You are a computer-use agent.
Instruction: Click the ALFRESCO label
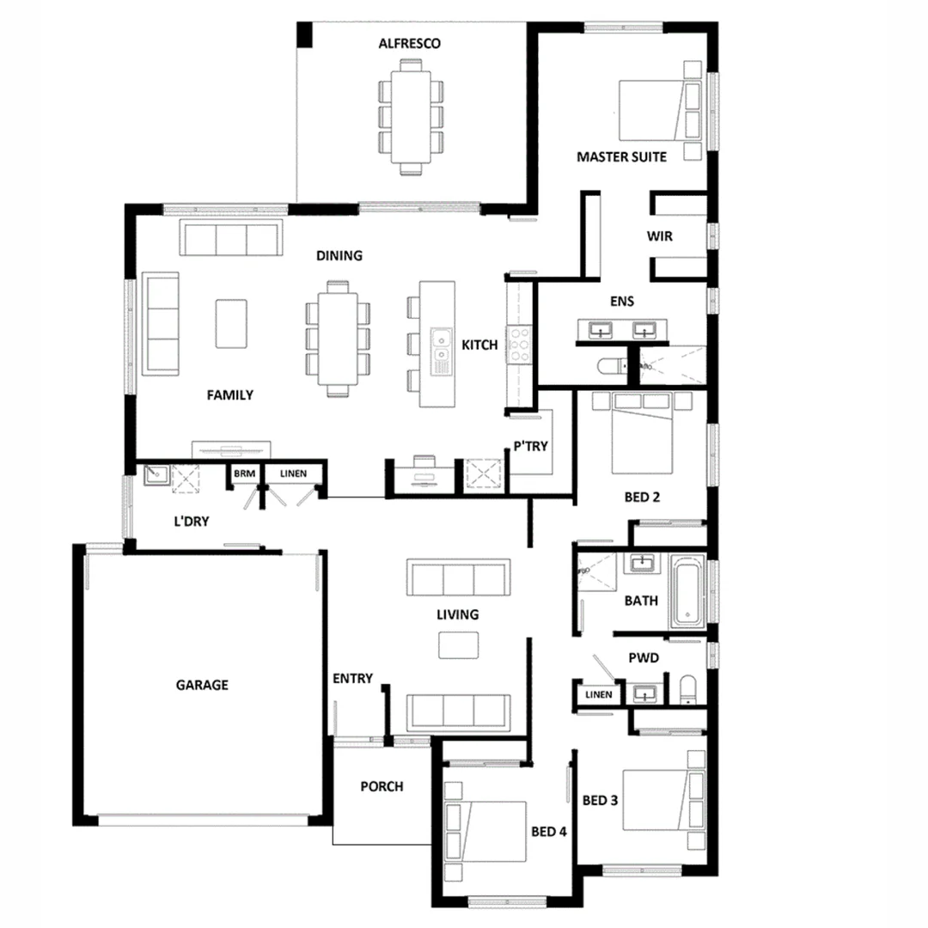tap(410, 43)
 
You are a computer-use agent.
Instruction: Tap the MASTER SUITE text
tap(621, 157)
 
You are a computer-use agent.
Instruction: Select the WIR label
tap(660, 235)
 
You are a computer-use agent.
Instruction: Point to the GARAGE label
tap(202, 685)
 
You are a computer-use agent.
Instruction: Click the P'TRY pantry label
tap(531, 446)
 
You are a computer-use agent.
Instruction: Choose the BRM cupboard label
tap(244, 473)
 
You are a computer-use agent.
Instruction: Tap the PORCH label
tap(382, 786)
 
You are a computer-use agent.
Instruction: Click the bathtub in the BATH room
tap(687, 589)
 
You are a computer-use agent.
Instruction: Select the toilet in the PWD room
tap(687, 690)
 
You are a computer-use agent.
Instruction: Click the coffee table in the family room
tap(230, 323)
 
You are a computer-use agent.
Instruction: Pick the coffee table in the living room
tap(459, 644)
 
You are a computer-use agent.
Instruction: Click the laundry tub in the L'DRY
tap(155, 473)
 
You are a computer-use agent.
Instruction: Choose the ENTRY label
tap(352, 679)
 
